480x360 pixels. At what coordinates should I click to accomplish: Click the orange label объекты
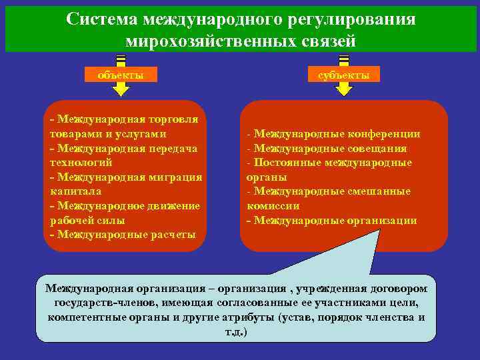click(x=120, y=75)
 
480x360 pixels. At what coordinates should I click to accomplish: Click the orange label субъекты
click(x=343, y=75)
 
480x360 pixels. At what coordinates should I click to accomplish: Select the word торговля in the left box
click(x=173, y=119)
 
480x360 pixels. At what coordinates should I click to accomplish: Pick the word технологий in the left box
click(x=81, y=162)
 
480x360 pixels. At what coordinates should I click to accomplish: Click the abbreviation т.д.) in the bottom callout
click(x=236, y=331)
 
